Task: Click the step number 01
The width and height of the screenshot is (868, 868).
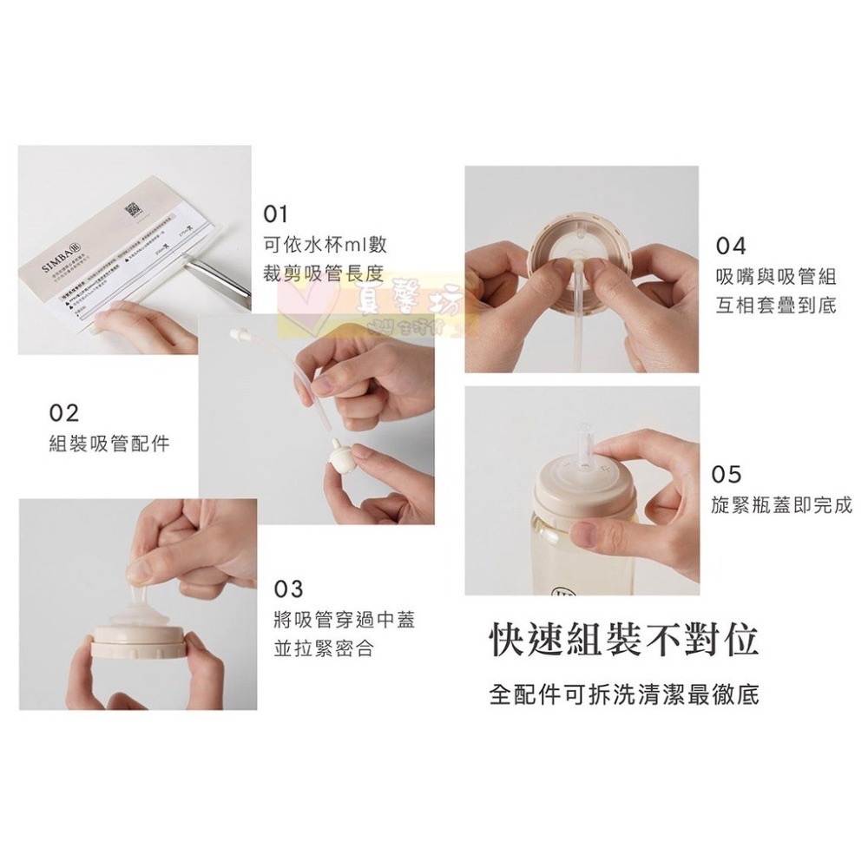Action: pos(275,214)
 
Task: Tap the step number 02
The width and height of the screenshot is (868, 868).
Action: pos(63,411)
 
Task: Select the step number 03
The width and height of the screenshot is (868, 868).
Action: pos(288,589)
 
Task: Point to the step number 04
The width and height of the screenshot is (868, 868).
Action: pos(731,246)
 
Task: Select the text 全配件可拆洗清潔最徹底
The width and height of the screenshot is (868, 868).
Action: pos(623,695)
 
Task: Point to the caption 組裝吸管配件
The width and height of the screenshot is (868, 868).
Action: pos(108,444)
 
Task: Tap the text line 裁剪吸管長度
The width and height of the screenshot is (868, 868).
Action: pos(323,274)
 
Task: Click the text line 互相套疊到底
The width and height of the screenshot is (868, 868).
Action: pos(776,307)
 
